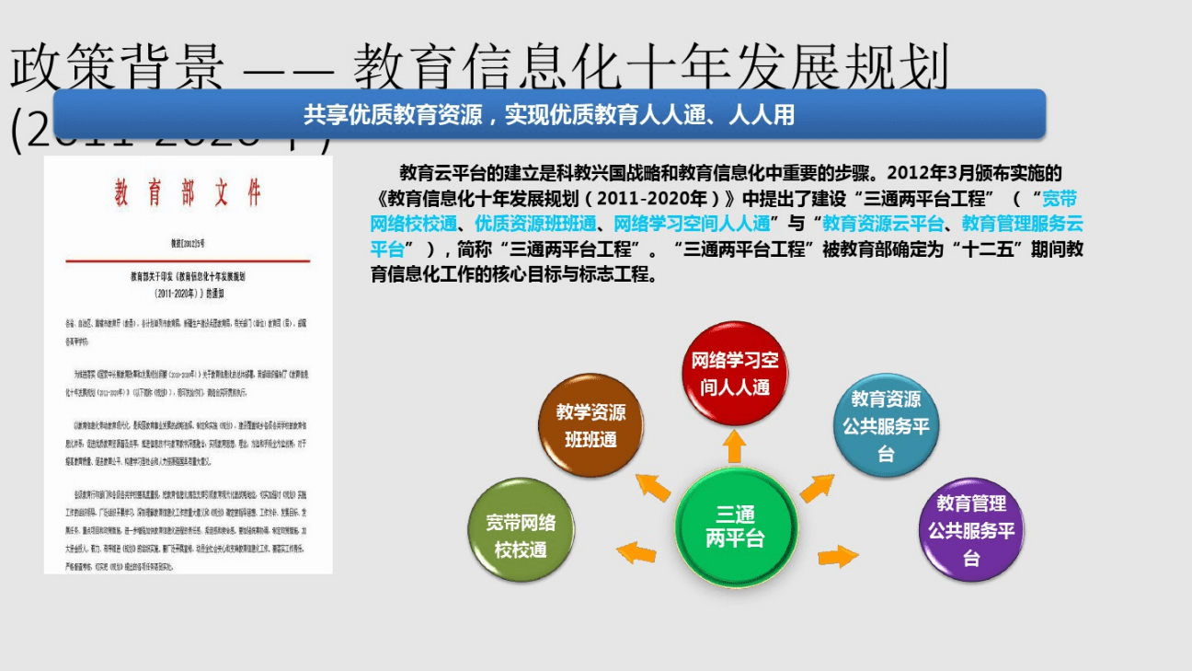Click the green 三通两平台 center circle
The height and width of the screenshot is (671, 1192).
[x=734, y=527]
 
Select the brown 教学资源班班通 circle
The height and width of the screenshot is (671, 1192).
[x=590, y=425]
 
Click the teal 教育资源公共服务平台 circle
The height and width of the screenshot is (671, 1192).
[x=885, y=426]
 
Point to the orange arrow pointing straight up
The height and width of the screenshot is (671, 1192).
[x=734, y=446]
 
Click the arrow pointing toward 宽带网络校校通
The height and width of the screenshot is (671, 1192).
[x=636, y=552]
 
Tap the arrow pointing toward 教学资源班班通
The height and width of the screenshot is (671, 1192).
[x=653, y=486]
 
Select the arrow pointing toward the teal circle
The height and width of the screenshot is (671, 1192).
[x=816, y=487]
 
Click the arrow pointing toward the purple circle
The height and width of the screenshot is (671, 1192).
[x=837, y=556]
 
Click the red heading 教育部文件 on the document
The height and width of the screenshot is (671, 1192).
[x=188, y=193]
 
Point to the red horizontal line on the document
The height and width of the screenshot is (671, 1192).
[x=188, y=261]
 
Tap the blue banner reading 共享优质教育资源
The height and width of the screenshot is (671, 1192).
[x=548, y=114]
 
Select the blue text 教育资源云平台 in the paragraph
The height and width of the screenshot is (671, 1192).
[x=882, y=223]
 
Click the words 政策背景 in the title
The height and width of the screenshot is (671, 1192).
[x=117, y=67]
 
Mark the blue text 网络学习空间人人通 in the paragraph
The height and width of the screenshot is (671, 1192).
[x=691, y=223]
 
